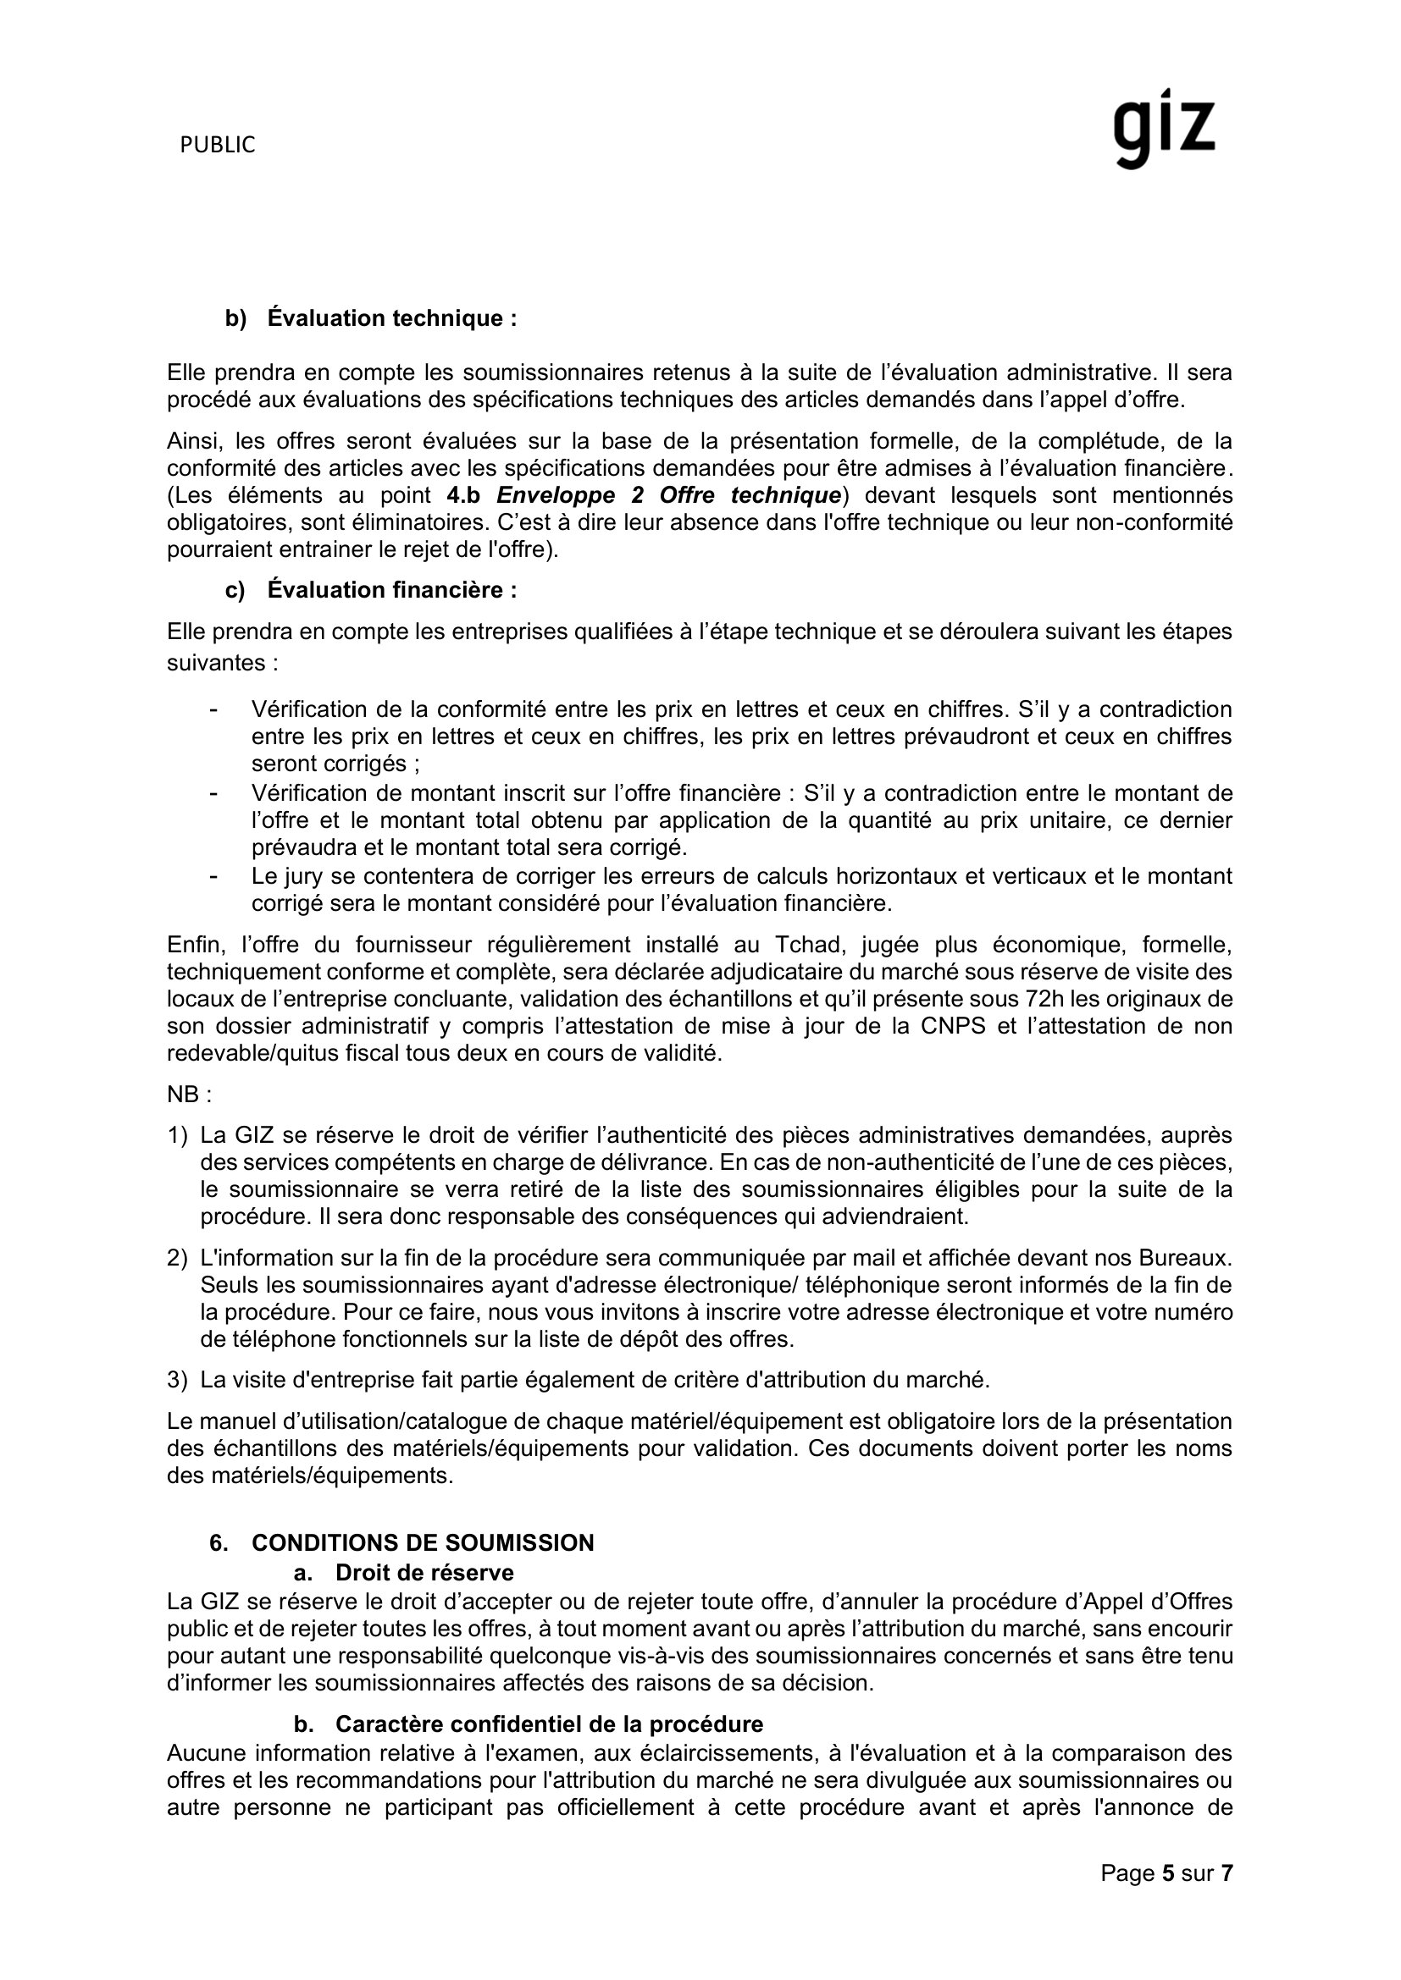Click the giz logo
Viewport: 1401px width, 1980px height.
(1163, 129)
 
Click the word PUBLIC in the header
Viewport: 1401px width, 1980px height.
(218, 146)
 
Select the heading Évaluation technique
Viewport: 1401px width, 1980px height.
(391, 318)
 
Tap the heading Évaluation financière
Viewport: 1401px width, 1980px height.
(391, 590)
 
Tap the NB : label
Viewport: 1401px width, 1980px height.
(189, 1095)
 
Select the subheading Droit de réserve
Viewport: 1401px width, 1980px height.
(424, 1572)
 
